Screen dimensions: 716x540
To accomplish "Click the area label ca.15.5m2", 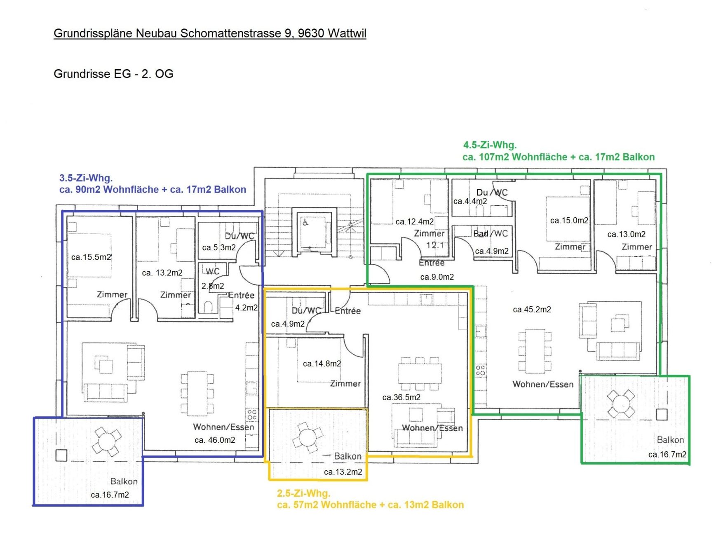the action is (91, 257).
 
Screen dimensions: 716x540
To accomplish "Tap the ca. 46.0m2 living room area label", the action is (215, 440).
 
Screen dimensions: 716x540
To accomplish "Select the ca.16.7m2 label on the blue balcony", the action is (110, 495).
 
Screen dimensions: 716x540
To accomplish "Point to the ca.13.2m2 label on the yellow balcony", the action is (343, 472).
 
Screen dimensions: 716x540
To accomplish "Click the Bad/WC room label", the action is (491, 234).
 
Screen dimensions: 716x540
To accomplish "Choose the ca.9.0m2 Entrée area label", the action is (437, 277).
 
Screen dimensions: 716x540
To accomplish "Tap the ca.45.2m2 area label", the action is (532, 310).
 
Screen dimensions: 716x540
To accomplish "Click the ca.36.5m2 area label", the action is (401, 397).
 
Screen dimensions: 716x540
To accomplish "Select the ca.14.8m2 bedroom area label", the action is (322, 364).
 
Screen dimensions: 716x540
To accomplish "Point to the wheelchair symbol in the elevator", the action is (305, 223).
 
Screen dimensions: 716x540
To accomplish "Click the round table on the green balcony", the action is (621, 404).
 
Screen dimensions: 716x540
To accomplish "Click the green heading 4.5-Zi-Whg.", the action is (490, 145).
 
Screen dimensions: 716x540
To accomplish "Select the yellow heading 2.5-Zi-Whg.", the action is (304, 493).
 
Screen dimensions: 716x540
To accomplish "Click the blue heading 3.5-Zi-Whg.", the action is (86, 178).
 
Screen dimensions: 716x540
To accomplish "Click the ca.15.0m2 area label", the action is (569, 221).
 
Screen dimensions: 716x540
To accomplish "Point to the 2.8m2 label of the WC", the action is (213, 286).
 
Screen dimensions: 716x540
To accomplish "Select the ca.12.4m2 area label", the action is (415, 222).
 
